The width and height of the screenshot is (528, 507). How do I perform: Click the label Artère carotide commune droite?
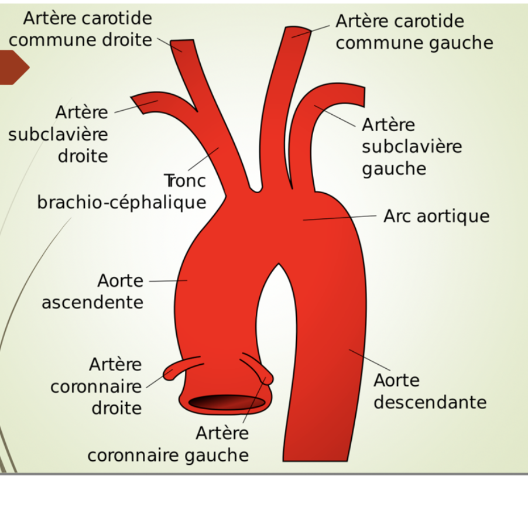(80, 29)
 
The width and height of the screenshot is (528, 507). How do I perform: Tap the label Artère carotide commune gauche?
(414, 32)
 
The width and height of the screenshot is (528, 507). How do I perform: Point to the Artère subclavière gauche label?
(412, 146)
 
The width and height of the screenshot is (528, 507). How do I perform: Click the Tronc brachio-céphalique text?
(122, 191)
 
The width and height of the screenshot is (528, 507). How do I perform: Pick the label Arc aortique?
(436, 216)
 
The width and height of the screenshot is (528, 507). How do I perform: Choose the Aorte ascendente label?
(92, 291)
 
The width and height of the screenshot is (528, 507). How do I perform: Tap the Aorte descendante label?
(430, 391)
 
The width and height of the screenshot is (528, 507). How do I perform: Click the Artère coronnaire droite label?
(97, 386)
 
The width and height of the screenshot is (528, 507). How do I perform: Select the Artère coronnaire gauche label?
(169, 444)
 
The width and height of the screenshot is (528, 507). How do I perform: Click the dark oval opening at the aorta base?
(227, 402)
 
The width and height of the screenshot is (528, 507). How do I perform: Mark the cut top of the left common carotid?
(299, 31)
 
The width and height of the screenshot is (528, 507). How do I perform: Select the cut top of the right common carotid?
(182, 44)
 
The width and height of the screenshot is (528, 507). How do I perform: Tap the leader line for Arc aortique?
(340, 217)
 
